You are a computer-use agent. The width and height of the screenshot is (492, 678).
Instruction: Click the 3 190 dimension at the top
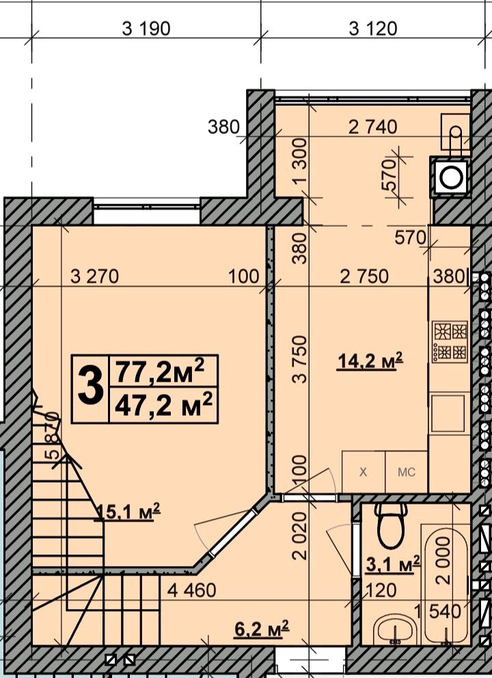click(146, 29)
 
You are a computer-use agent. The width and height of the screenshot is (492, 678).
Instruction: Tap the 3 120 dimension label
click(373, 29)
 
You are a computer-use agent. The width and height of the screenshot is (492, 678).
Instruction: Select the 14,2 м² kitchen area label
click(370, 361)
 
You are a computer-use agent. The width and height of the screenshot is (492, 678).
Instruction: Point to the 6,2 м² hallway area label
click(261, 628)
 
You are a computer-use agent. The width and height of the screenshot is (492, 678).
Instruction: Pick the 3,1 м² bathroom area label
click(393, 564)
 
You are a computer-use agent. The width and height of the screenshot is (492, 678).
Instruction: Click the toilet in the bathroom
click(391, 524)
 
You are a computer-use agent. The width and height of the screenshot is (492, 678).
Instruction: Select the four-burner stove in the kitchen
click(450, 341)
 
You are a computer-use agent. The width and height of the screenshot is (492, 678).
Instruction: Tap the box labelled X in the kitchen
click(363, 472)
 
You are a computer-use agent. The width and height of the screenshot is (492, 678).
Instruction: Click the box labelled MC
click(407, 472)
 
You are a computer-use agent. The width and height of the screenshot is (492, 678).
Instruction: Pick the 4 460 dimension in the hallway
click(192, 590)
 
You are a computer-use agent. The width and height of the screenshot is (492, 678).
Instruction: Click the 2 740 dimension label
click(372, 127)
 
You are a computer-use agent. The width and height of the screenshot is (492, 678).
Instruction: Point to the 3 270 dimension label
click(94, 277)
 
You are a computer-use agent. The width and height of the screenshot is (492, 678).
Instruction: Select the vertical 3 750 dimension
click(299, 359)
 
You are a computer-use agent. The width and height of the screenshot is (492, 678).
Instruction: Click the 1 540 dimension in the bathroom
click(438, 611)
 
